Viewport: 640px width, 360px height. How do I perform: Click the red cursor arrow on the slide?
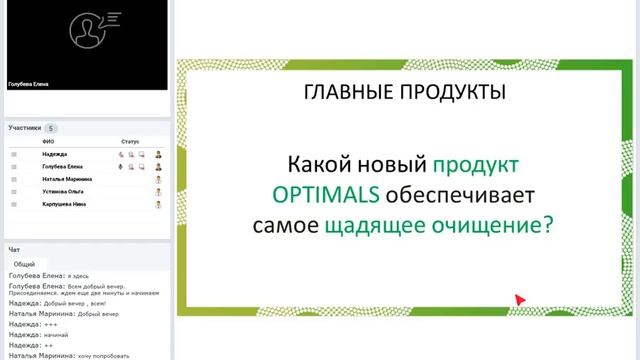click(x=520, y=299)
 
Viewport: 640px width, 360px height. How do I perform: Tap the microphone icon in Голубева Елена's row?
click(x=122, y=166)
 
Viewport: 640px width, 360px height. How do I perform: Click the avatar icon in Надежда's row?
click(x=158, y=155)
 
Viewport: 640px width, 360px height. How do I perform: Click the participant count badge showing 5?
click(x=51, y=128)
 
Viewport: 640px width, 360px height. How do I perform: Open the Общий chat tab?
click(x=24, y=263)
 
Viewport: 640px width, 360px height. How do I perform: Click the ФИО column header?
click(x=48, y=142)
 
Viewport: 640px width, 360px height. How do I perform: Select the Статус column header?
click(x=130, y=142)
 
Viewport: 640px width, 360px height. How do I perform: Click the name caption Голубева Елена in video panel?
click(x=29, y=85)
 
